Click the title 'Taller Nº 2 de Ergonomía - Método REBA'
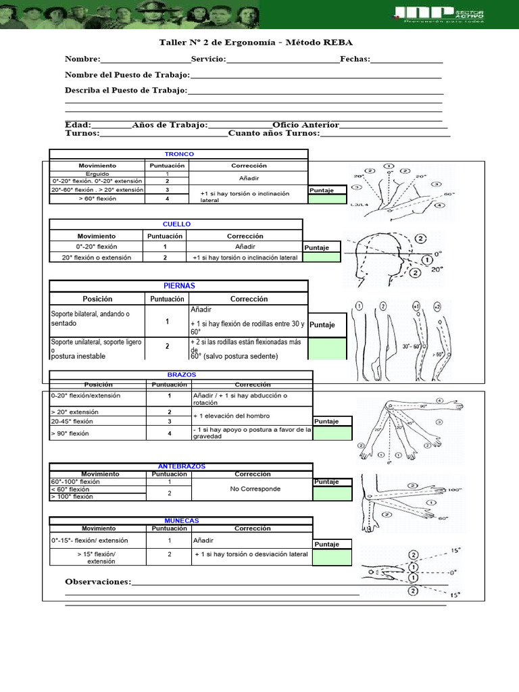255,43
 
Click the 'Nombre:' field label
82,59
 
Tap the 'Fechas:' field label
355,59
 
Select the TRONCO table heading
179,154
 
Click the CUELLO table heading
177,224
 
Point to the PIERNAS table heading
179,286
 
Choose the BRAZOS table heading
181,374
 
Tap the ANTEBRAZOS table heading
181,466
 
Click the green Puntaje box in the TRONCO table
330,199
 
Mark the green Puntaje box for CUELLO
327,257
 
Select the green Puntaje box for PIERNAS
328,349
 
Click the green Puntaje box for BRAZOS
332,433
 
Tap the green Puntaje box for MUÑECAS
332,557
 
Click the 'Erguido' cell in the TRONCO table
97,174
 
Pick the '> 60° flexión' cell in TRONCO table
97,199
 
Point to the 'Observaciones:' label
98,582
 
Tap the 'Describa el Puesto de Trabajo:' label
126,90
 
